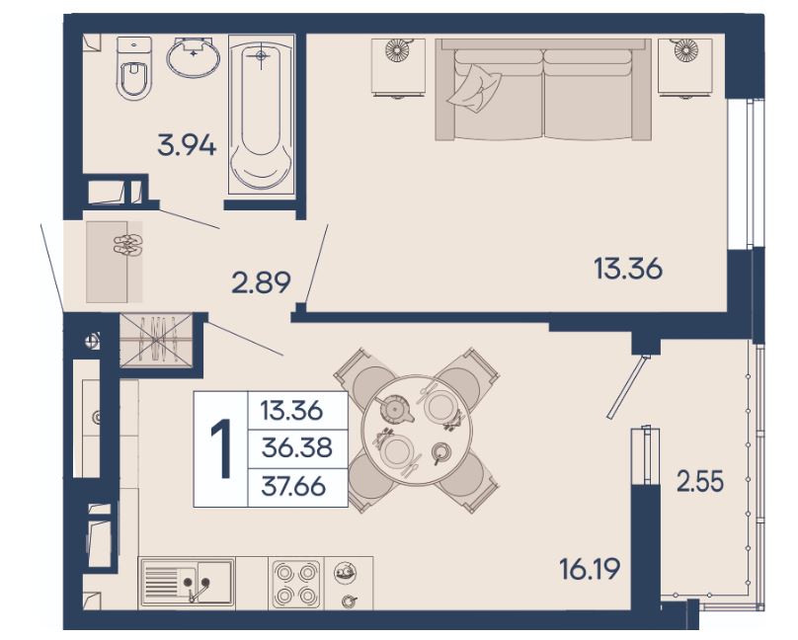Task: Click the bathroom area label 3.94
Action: pyautogui.click(x=187, y=144)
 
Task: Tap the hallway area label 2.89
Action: pyautogui.click(x=261, y=282)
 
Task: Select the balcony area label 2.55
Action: pyautogui.click(x=700, y=481)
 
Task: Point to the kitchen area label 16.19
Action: pyautogui.click(x=590, y=569)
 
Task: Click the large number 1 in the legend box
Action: pyautogui.click(x=221, y=449)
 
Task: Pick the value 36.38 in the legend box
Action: pyautogui.click(x=296, y=447)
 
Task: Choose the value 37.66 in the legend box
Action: pyautogui.click(x=293, y=486)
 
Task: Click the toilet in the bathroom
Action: pyautogui.click(x=134, y=68)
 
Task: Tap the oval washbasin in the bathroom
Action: pyautogui.click(x=194, y=57)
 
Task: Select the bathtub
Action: pyautogui.click(x=262, y=114)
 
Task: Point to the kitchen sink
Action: pyautogui.click(x=188, y=582)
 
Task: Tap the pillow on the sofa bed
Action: pyautogui.click(x=474, y=88)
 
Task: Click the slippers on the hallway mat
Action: pyautogui.click(x=127, y=245)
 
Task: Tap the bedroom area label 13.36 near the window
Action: pyautogui.click(x=628, y=268)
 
